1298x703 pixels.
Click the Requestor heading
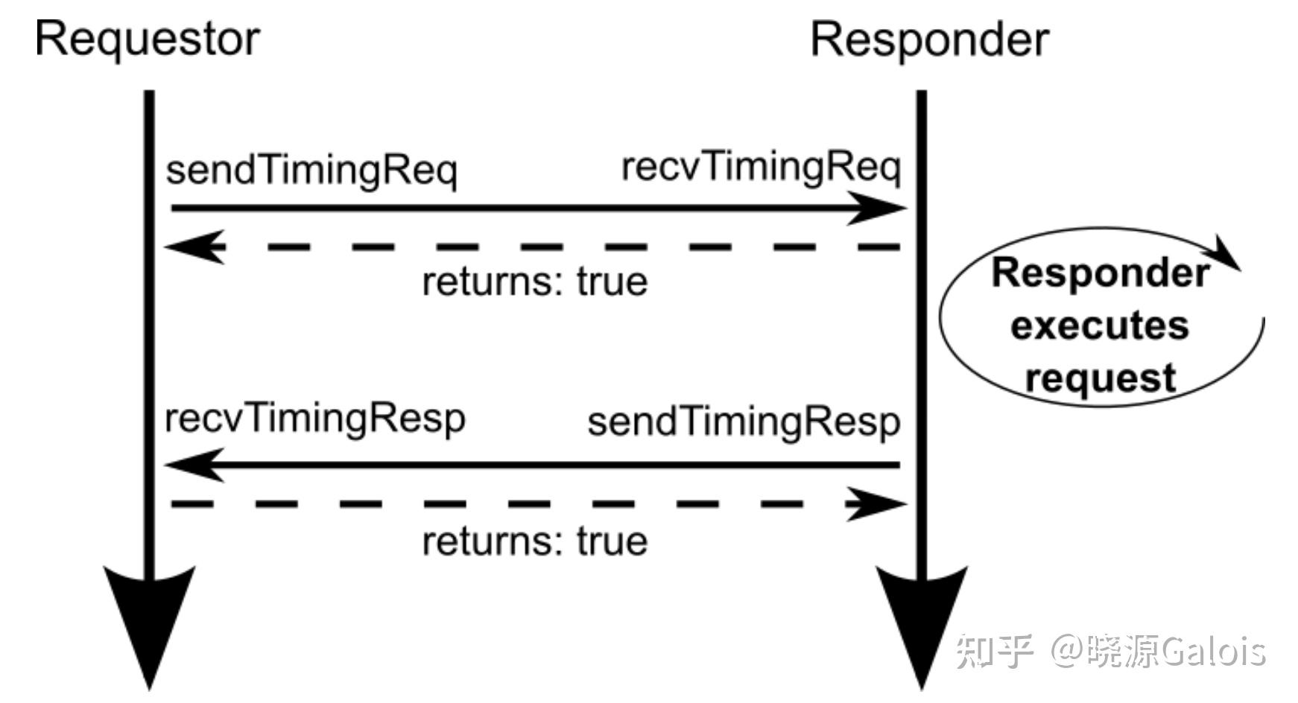(x=148, y=39)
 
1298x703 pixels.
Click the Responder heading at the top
(x=929, y=39)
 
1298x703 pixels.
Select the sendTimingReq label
(x=311, y=171)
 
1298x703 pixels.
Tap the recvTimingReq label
(x=761, y=168)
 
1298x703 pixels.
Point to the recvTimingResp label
(x=314, y=419)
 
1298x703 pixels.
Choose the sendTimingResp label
(x=744, y=423)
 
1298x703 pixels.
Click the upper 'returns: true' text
(x=534, y=282)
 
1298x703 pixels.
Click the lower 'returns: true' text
(x=534, y=541)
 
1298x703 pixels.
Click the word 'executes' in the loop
(x=1099, y=326)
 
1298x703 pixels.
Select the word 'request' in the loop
(x=1101, y=378)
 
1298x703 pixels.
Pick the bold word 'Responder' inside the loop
(x=1100, y=273)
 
